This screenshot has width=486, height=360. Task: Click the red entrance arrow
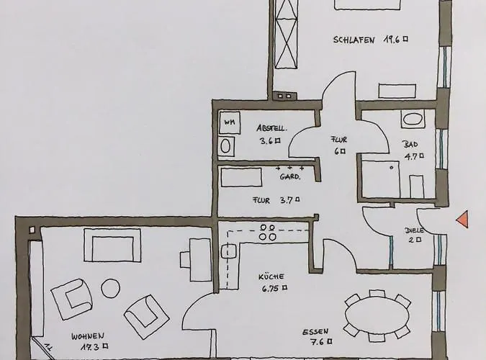pyautogui.click(x=463, y=219)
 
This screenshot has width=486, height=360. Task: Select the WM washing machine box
pyautogui.click(x=230, y=122)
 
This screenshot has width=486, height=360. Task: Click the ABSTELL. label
pyautogui.click(x=272, y=129)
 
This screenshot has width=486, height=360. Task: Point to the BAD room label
pyautogui.click(x=410, y=144)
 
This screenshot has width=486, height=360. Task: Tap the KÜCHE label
pyautogui.click(x=271, y=276)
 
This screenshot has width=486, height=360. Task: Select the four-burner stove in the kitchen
pyautogui.click(x=268, y=232)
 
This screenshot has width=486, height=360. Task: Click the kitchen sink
pyautogui.click(x=229, y=251)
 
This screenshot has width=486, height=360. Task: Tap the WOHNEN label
pyautogui.click(x=88, y=336)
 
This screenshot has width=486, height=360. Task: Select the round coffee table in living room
pyautogui.click(x=110, y=289)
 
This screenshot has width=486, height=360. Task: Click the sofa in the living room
pyautogui.click(x=112, y=245)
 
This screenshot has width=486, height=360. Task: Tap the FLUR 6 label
pyautogui.click(x=338, y=145)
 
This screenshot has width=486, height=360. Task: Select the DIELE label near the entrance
pyautogui.click(x=414, y=230)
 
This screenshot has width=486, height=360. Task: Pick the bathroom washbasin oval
pyautogui.click(x=413, y=120)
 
